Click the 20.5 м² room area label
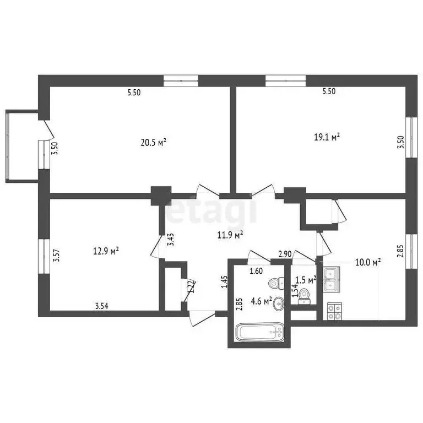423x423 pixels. pos(154,142)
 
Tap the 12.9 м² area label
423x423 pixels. pos(106,251)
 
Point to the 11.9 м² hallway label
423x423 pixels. pos(230,235)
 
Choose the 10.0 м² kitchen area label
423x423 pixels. pos(368,263)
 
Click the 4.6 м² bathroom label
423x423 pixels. pos(262,301)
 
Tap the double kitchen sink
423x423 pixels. pos(332,279)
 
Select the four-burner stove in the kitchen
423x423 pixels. pos(334,311)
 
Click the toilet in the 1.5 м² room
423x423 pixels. pos(305,296)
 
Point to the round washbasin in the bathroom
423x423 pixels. pos(279,302)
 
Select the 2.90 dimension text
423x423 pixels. pos(285,254)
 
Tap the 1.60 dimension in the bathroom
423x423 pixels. pos(256,271)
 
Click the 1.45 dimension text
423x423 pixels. pos(224,282)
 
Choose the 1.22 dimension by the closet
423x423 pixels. pos(190,287)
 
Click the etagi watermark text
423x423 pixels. pos(212,211)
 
